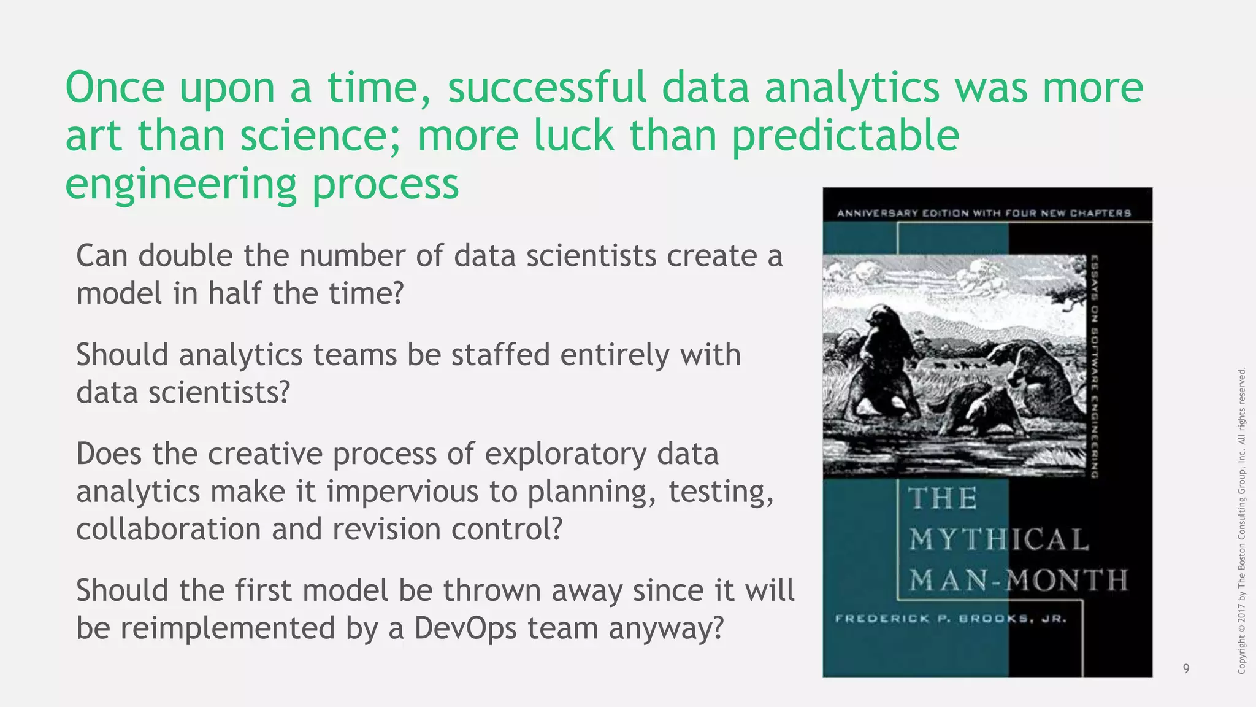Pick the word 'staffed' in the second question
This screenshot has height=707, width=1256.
coord(500,355)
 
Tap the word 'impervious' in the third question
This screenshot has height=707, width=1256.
coord(402,492)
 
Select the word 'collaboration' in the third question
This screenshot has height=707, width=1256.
coord(169,530)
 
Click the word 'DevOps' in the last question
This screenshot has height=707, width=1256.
coord(466,628)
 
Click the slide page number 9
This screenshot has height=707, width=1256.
coord(1186,668)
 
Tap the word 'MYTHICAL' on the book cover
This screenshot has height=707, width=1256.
coord(999,540)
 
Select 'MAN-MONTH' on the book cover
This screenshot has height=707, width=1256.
coord(1018,580)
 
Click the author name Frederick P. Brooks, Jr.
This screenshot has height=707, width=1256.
coord(951,619)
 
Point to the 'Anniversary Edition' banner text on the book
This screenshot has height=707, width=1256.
coord(984,213)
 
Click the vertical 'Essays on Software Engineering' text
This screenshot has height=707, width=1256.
coord(1093,366)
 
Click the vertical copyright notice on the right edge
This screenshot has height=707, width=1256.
coord(1241,520)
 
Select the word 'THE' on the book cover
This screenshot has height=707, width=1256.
coord(943,498)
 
